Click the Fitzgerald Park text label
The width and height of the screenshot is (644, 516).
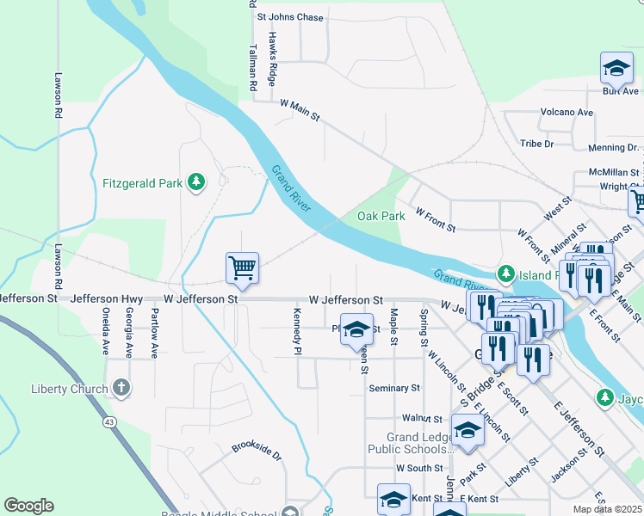coord(142,182)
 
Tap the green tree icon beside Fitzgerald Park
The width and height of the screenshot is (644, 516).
coord(197,181)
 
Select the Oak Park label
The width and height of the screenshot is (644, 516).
coord(381,217)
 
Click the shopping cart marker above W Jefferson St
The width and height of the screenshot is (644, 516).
coord(243,268)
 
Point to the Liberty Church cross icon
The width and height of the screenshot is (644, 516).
coord(121,388)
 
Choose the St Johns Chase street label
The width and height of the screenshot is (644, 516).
coord(290,17)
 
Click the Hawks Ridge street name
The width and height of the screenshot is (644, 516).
coord(272,58)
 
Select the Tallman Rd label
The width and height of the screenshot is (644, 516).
coord(253,69)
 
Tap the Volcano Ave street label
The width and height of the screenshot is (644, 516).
coord(567,113)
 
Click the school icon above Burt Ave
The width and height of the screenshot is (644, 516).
coord(616,67)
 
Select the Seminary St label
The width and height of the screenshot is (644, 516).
coord(393,389)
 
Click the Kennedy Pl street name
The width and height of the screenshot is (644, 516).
coord(297,331)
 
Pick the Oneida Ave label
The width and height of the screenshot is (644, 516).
coord(106,331)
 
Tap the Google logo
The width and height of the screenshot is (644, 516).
coord(28,506)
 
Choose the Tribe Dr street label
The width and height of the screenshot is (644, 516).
coord(536,144)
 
